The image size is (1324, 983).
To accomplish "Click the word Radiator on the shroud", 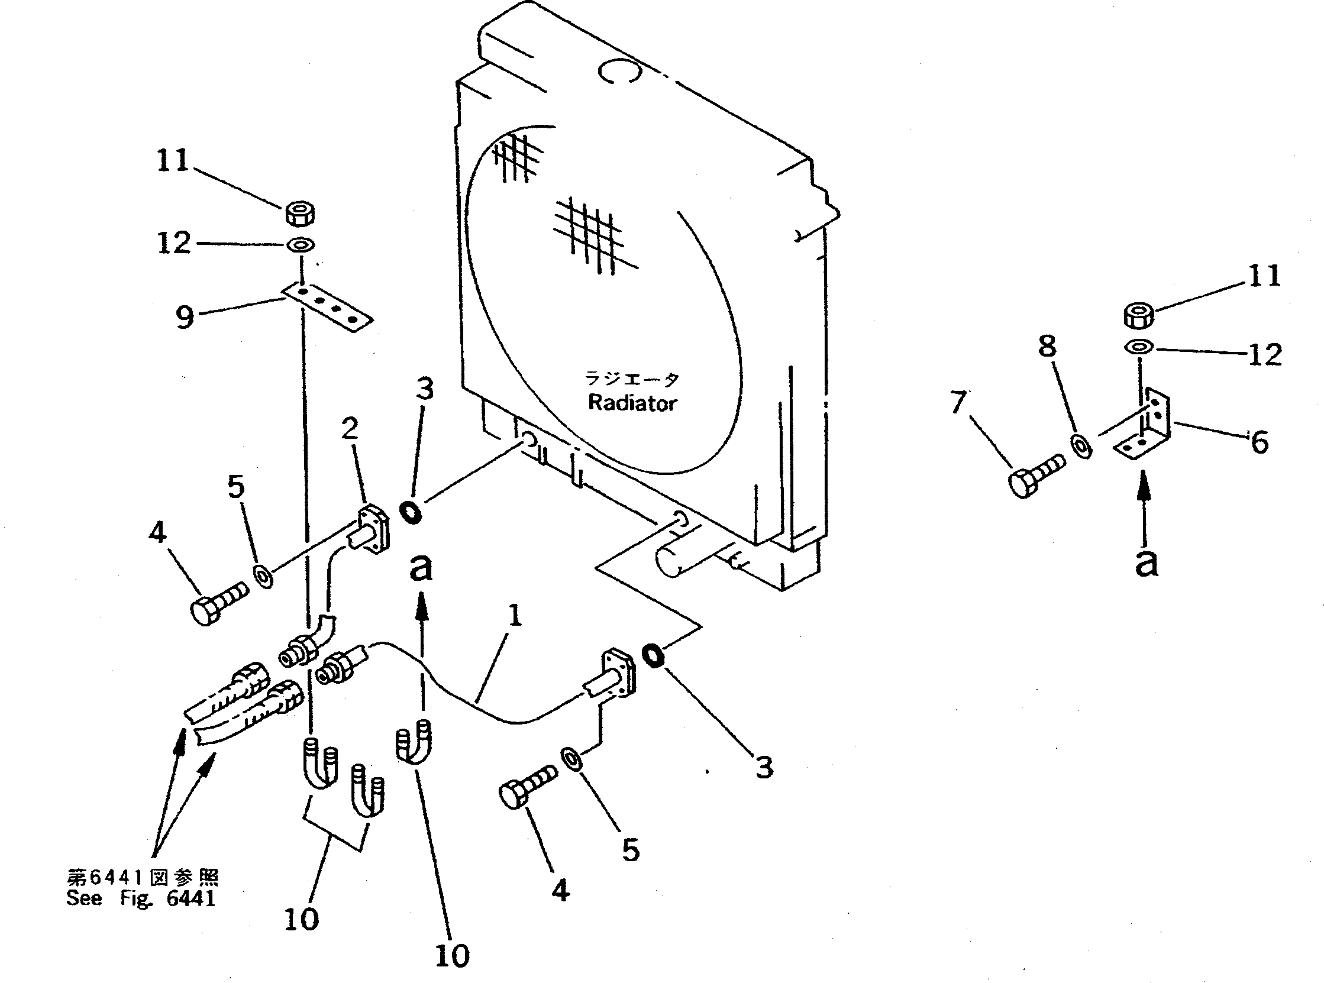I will click(x=632, y=403).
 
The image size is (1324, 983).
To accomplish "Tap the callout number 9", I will click(x=185, y=316).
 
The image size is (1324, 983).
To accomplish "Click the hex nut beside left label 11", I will click(x=301, y=214).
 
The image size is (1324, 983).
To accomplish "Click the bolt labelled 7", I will click(x=1035, y=477).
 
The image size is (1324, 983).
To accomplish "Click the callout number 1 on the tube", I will click(x=515, y=615).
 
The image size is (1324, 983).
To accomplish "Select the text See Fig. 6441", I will click(x=140, y=898).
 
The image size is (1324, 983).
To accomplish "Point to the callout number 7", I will click(x=958, y=403).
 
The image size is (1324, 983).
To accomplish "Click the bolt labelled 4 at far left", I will click(x=217, y=603).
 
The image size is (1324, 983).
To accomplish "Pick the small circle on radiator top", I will click(x=619, y=72).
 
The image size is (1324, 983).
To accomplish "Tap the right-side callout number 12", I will click(x=1264, y=355).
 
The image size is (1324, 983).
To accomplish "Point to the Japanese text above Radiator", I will click(x=631, y=379).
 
